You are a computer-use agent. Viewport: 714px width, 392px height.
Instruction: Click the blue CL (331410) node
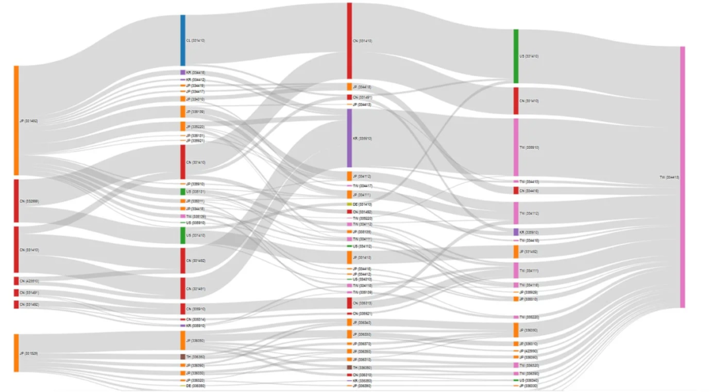(x=183, y=41)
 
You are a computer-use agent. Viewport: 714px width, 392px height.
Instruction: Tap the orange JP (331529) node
(x=16, y=353)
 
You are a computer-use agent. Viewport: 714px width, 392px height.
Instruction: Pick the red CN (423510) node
(x=16, y=281)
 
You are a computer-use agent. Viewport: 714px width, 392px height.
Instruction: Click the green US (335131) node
(x=183, y=192)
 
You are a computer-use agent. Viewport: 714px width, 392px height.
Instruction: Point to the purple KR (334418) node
(x=183, y=72)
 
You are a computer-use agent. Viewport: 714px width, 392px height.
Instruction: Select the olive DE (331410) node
(x=349, y=204)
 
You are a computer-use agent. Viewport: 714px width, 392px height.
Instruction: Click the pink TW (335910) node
(x=516, y=147)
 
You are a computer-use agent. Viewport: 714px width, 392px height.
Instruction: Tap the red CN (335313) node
(x=349, y=303)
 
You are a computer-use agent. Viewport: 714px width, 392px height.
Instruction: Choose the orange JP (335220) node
(x=183, y=126)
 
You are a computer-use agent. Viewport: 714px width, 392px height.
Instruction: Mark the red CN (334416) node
(x=516, y=191)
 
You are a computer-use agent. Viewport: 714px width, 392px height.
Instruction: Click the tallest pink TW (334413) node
(x=682, y=177)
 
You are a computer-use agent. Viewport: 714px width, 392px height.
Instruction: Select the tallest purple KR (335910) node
(x=349, y=138)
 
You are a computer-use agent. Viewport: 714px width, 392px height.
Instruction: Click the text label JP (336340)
(x=362, y=323)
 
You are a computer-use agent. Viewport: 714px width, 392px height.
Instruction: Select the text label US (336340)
(x=529, y=380)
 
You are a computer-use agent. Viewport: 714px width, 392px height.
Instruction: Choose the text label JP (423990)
(x=529, y=351)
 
